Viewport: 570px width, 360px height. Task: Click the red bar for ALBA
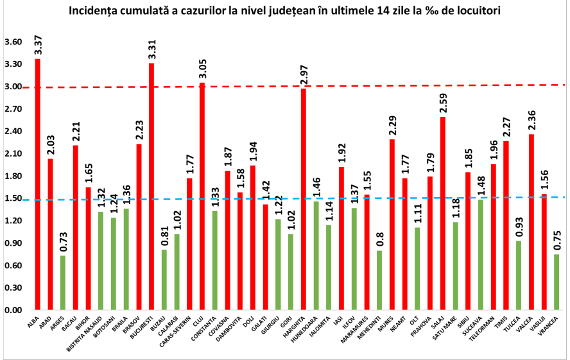38,185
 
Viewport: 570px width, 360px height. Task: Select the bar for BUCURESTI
151,187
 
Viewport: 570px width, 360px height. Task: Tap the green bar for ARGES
63,283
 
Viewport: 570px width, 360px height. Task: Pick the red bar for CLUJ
202,196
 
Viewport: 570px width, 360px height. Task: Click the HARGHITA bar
304,200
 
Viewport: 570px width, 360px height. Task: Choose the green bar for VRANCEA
557,282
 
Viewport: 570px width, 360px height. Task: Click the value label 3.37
38,47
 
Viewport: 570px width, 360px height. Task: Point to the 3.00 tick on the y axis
13,87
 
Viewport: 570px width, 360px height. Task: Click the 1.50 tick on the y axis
13,199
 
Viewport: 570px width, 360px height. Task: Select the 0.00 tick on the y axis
13,311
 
